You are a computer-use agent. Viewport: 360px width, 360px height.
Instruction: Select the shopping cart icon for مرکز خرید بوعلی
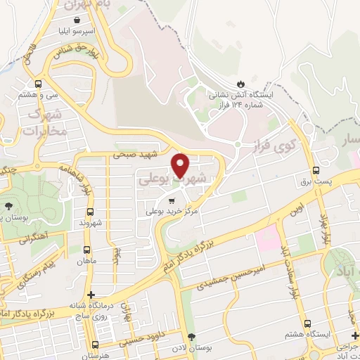point(172,200)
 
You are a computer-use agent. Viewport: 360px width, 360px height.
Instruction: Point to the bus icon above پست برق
point(315,170)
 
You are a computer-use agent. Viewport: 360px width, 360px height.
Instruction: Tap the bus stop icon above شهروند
point(90,212)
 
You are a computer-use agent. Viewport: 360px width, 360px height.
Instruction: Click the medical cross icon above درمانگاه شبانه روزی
point(90,295)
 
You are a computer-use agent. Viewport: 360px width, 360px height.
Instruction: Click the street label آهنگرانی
point(34,236)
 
